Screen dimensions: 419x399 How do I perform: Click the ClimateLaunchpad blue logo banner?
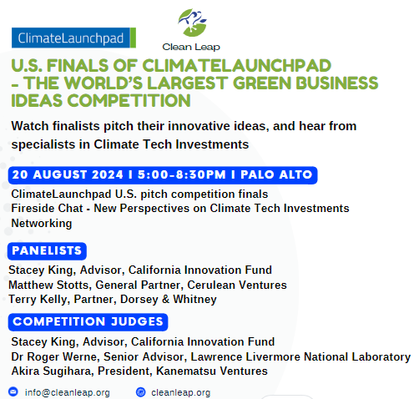pos(73,38)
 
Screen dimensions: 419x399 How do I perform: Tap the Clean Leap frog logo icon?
pos(193,23)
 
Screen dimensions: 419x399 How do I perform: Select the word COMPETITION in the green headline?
pos(129,101)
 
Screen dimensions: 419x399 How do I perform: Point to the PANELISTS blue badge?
pos(47,251)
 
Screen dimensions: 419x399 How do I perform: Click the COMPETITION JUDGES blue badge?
pos(88,322)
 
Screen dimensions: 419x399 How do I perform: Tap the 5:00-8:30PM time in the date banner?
pos(182,174)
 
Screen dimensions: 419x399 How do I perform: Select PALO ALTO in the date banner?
pos(276,174)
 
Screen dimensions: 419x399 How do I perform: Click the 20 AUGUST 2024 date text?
pos(68,174)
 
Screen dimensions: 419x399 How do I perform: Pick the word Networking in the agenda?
pos(42,224)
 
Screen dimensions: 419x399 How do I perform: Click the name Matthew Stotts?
pos(48,285)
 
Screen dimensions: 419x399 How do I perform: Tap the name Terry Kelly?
pos(38,300)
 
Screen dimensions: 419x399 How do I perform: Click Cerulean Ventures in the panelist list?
pos(237,285)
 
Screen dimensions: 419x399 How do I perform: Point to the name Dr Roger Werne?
pos(54,356)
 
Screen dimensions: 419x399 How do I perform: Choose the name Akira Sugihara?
pos(52,371)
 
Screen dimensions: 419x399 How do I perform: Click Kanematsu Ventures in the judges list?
pos(212,371)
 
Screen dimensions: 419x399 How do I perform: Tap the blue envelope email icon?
pos(13,391)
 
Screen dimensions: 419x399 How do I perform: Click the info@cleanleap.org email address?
pos(68,392)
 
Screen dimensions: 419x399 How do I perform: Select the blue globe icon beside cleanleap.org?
pos(141,392)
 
